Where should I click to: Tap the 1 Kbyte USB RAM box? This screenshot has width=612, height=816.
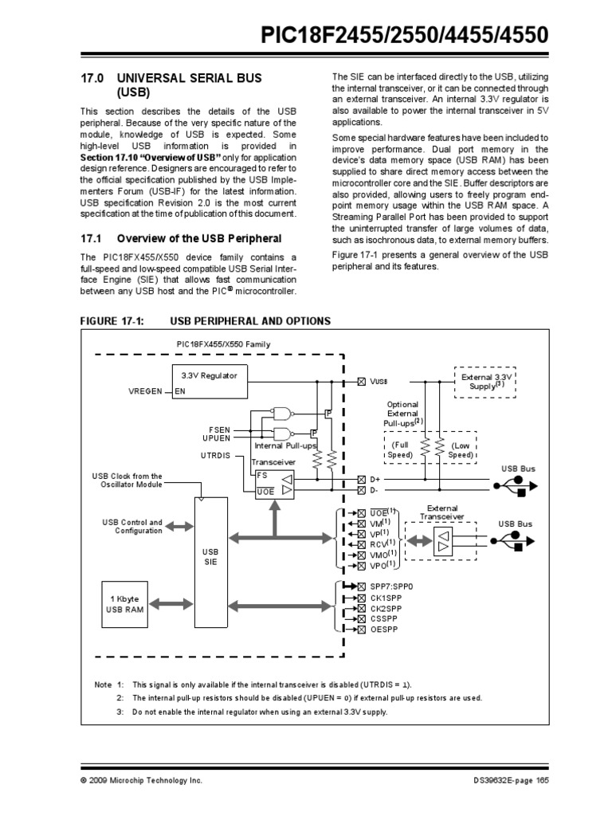point(124,604)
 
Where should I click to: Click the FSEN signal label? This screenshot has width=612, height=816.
point(220,429)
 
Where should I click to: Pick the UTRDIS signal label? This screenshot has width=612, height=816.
point(217,454)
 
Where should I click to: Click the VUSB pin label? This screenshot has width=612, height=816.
point(378,382)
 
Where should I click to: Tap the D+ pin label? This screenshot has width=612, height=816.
point(374,479)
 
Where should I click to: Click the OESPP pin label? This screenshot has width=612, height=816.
point(384,630)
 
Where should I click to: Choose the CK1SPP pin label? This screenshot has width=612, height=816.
point(386,597)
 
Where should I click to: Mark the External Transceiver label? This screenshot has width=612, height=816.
point(442,512)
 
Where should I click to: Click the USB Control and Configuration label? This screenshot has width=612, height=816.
point(132,527)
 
